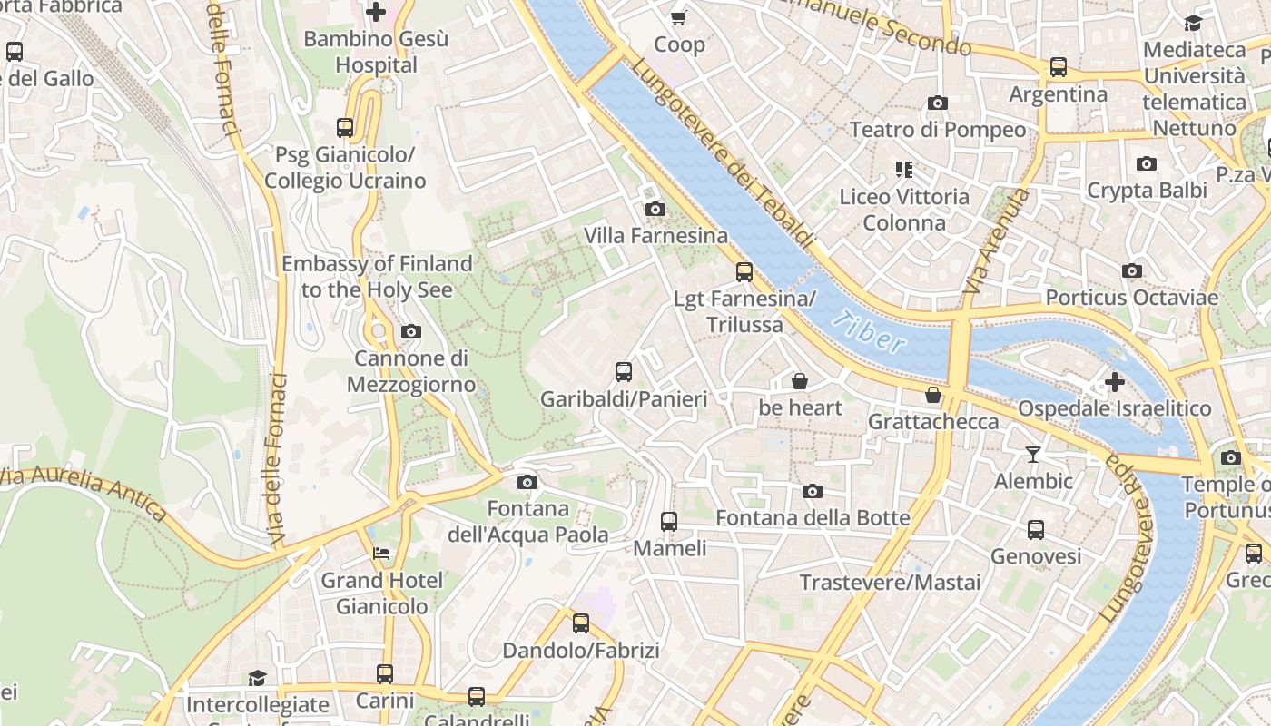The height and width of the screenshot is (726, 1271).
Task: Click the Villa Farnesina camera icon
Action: click(x=655, y=210)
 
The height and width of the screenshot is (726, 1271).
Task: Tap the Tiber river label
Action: click(x=869, y=332)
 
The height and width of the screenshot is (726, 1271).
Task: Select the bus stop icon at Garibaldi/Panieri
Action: click(x=624, y=371)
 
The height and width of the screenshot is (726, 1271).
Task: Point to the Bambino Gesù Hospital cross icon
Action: click(x=375, y=12)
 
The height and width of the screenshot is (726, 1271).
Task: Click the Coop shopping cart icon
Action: click(x=678, y=17)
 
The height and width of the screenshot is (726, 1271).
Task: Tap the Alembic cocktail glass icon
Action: click(x=1033, y=454)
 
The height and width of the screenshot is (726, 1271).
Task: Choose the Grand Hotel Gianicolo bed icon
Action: click(x=381, y=554)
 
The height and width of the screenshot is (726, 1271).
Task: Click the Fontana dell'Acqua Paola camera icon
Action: click(x=527, y=482)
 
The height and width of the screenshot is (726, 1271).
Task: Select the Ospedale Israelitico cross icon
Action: click(x=1114, y=382)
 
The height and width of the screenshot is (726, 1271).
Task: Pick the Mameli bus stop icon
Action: click(x=669, y=522)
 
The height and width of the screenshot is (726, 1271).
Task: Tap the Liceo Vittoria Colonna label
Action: click(x=904, y=210)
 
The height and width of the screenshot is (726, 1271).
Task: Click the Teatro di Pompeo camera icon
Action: click(x=938, y=103)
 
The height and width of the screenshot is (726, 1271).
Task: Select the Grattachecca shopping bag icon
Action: click(x=933, y=395)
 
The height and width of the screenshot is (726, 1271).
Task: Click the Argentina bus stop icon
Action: click(x=1059, y=67)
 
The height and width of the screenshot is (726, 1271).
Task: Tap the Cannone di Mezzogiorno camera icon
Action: click(x=411, y=331)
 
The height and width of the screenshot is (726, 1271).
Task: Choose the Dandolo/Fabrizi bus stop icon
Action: click(x=581, y=623)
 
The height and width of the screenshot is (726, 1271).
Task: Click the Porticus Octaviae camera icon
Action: click(x=1131, y=271)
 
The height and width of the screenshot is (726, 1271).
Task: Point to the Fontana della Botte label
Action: click(x=813, y=518)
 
